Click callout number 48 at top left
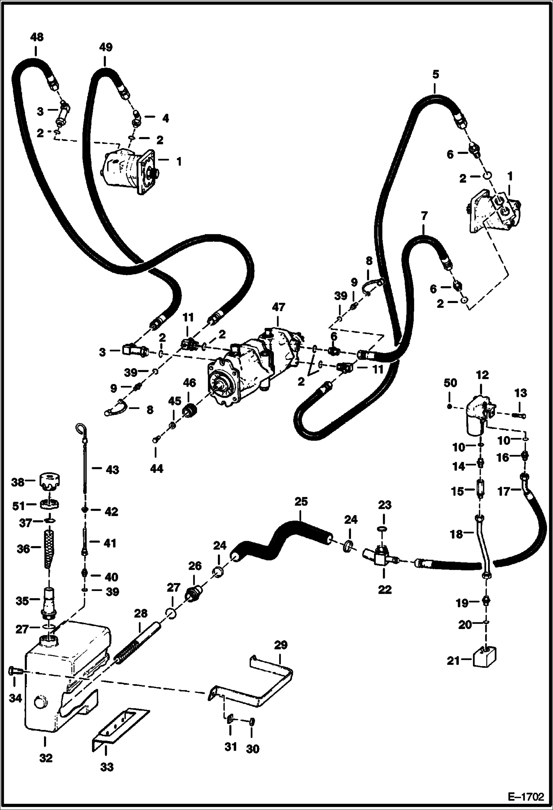point(37,37)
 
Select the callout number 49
point(106,47)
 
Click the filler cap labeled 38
point(49,482)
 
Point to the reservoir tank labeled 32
point(59,679)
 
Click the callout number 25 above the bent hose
point(301,503)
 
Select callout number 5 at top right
point(435,75)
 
